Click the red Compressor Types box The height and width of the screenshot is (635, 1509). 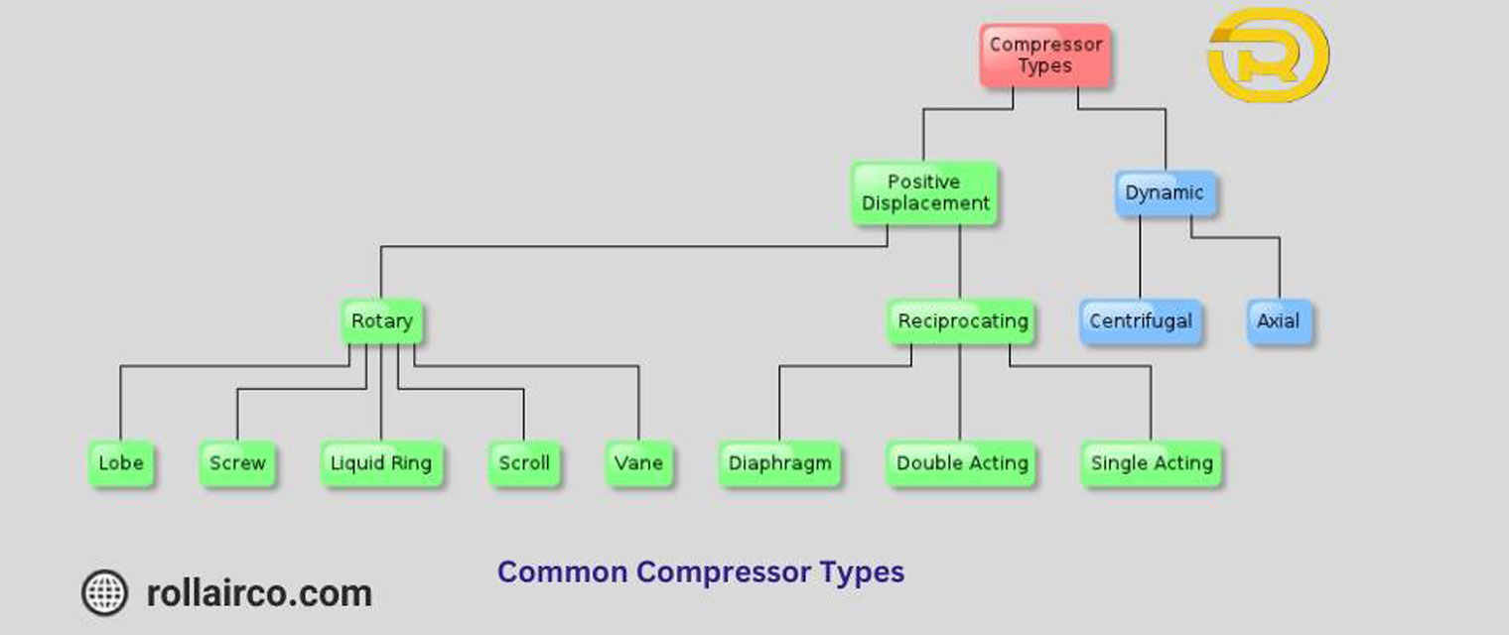pos(1045,56)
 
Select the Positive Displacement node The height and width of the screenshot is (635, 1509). pos(924,192)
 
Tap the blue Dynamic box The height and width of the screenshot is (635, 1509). pos(1165,193)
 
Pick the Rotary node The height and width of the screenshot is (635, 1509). pos(381,321)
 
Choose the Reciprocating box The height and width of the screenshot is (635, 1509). pos(961,321)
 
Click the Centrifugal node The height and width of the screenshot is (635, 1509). pos(1141,321)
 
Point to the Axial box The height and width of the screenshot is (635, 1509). pos(1279,321)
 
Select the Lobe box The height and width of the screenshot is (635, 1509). pos(121,463)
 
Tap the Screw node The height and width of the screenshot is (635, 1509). pos(237,463)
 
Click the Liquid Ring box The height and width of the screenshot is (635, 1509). pos(381,463)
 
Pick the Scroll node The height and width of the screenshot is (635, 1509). pos(523,463)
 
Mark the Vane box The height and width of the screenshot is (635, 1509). pos(638,463)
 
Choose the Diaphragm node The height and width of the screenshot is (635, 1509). pos(779,463)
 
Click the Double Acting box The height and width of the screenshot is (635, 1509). pos(961,463)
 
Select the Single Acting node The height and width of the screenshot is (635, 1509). pos(1152,463)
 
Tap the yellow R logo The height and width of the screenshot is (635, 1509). pos(1268,57)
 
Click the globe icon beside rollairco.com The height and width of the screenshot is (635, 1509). pos(104,593)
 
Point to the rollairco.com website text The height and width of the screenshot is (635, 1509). pos(259,593)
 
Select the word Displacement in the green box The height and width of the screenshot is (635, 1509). pos(925,203)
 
